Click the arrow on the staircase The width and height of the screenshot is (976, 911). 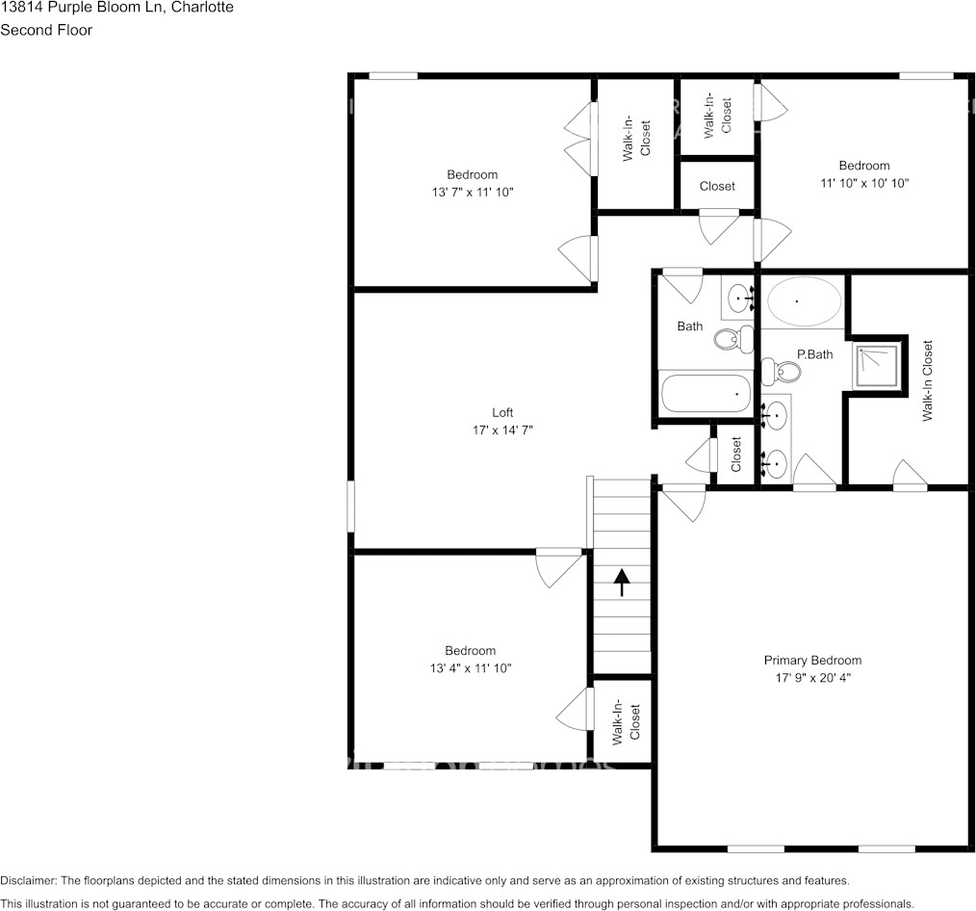click(x=621, y=582)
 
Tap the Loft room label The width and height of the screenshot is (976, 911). click(x=501, y=412)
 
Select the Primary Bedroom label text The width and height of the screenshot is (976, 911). click(x=812, y=660)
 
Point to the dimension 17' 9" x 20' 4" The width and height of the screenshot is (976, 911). click(x=812, y=677)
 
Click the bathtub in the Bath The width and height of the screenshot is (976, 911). click(x=706, y=393)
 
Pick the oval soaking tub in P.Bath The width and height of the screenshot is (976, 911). click(x=804, y=301)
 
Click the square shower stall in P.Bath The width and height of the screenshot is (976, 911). click(x=876, y=365)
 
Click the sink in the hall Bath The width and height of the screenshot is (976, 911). click(x=739, y=299)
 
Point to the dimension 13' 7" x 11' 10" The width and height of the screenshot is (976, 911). click(x=472, y=192)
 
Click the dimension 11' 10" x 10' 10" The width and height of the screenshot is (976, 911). click(x=863, y=182)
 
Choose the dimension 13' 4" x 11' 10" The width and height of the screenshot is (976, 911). click(x=470, y=667)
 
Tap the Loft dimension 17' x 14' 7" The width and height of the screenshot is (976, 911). click(x=501, y=430)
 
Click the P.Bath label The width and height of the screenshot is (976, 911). click(x=814, y=353)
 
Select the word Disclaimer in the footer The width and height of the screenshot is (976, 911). click(x=29, y=880)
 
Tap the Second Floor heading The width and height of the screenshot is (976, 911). click(x=46, y=30)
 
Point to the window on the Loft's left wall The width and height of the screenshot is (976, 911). click(x=351, y=506)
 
